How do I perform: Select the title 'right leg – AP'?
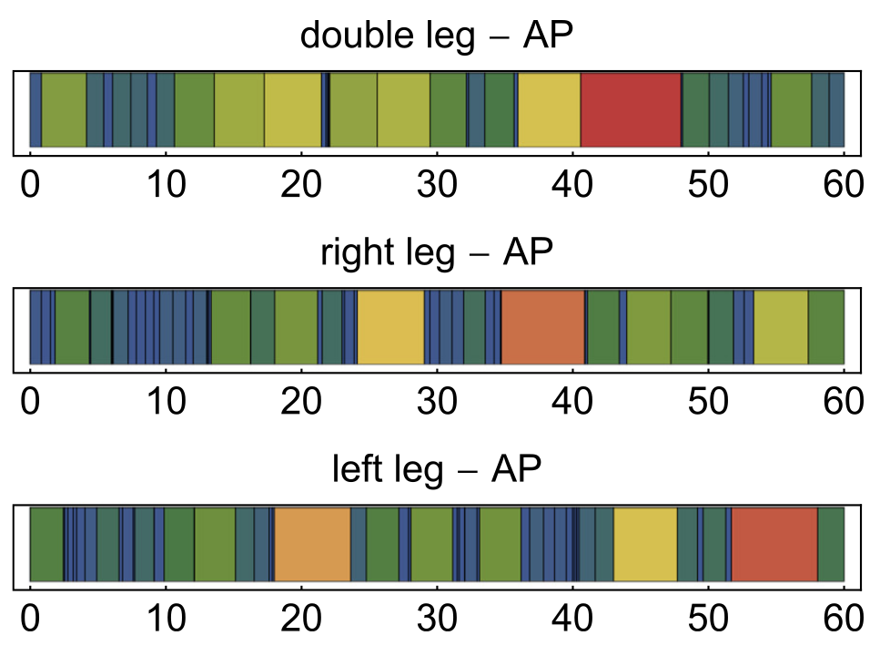click(436, 253)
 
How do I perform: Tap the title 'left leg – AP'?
click(436, 470)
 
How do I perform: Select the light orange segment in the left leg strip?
click(312, 544)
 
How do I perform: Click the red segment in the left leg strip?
click(774, 544)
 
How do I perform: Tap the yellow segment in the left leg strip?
click(645, 544)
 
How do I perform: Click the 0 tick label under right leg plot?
click(31, 402)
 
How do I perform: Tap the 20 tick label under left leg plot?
click(301, 620)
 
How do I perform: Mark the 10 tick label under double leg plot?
click(166, 185)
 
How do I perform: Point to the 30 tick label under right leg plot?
click(437, 402)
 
